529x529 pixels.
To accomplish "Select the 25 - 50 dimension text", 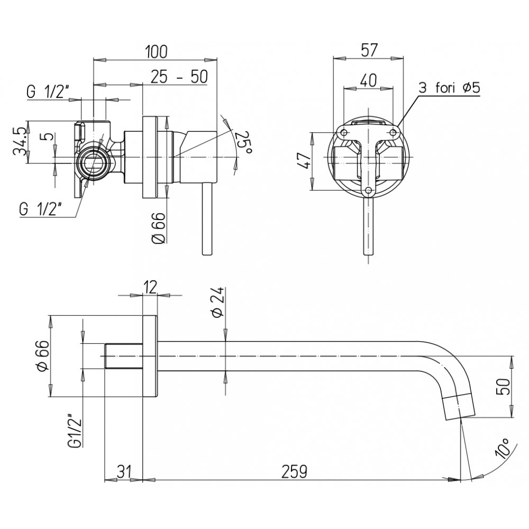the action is pyautogui.click(x=179, y=77).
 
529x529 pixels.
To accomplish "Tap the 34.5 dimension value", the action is pyautogui.click(x=19, y=141).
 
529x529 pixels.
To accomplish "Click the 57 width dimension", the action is pyautogui.click(x=369, y=50).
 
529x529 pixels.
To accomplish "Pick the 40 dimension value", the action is pyautogui.click(x=368, y=80).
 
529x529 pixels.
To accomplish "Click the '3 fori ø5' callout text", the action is pyautogui.click(x=449, y=88).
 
